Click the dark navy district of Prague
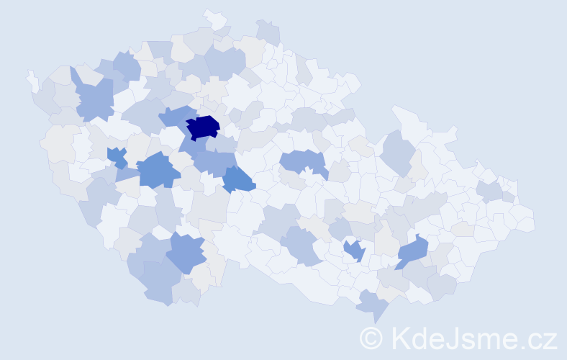click(x=203, y=127)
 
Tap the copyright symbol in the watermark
click(x=371, y=338)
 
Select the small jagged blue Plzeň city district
click(x=117, y=156)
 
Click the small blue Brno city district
click(x=353, y=251)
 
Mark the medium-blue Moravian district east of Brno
click(x=412, y=252)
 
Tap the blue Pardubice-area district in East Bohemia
click(x=302, y=163)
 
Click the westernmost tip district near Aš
click(x=32, y=80)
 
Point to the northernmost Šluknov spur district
click(x=214, y=18)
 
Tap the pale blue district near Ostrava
click(x=489, y=191)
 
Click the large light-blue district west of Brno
click(x=302, y=245)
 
